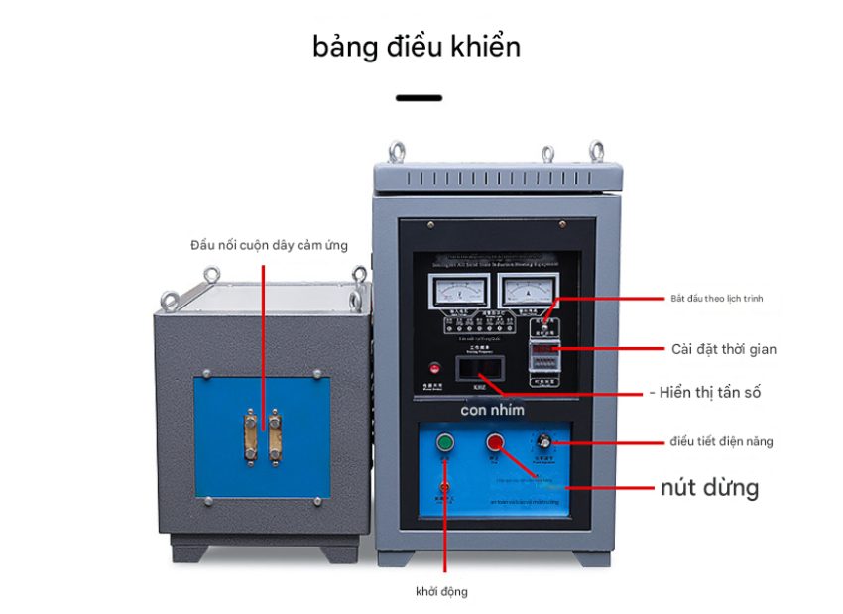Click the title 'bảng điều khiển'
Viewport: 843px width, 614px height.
tap(417, 47)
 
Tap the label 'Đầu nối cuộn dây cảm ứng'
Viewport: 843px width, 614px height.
tap(270, 244)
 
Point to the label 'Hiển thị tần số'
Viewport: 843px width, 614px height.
tap(710, 393)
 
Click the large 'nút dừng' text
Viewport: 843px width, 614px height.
tap(709, 487)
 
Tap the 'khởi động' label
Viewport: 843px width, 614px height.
tap(441, 592)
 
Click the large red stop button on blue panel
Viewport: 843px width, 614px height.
tap(494, 443)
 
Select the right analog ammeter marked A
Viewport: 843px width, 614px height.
tap(521, 293)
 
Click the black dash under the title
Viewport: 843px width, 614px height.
tap(420, 98)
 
